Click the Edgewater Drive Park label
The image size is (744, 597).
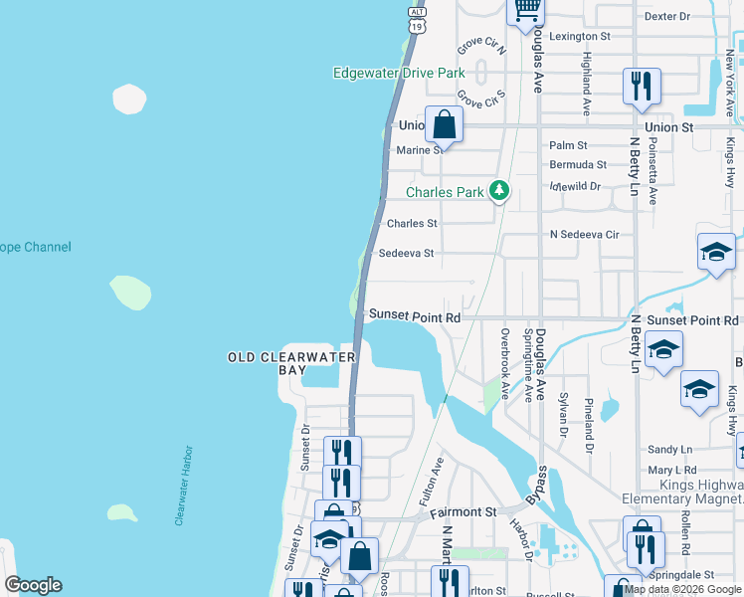click(399, 73)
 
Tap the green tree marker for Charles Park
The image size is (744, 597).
click(498, 191)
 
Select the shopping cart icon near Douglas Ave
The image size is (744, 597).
click(526, 10)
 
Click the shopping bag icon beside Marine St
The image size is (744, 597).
click(445, 125)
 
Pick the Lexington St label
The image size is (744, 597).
click(579, 36)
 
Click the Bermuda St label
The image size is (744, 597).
click(578, 164)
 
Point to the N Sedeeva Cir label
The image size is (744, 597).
click(585, 235)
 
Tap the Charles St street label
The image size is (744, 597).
click(412, 224)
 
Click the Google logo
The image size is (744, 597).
click(33, 585)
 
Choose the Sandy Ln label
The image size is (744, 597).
click(669, 450)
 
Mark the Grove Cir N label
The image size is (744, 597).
click(482, 48)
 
